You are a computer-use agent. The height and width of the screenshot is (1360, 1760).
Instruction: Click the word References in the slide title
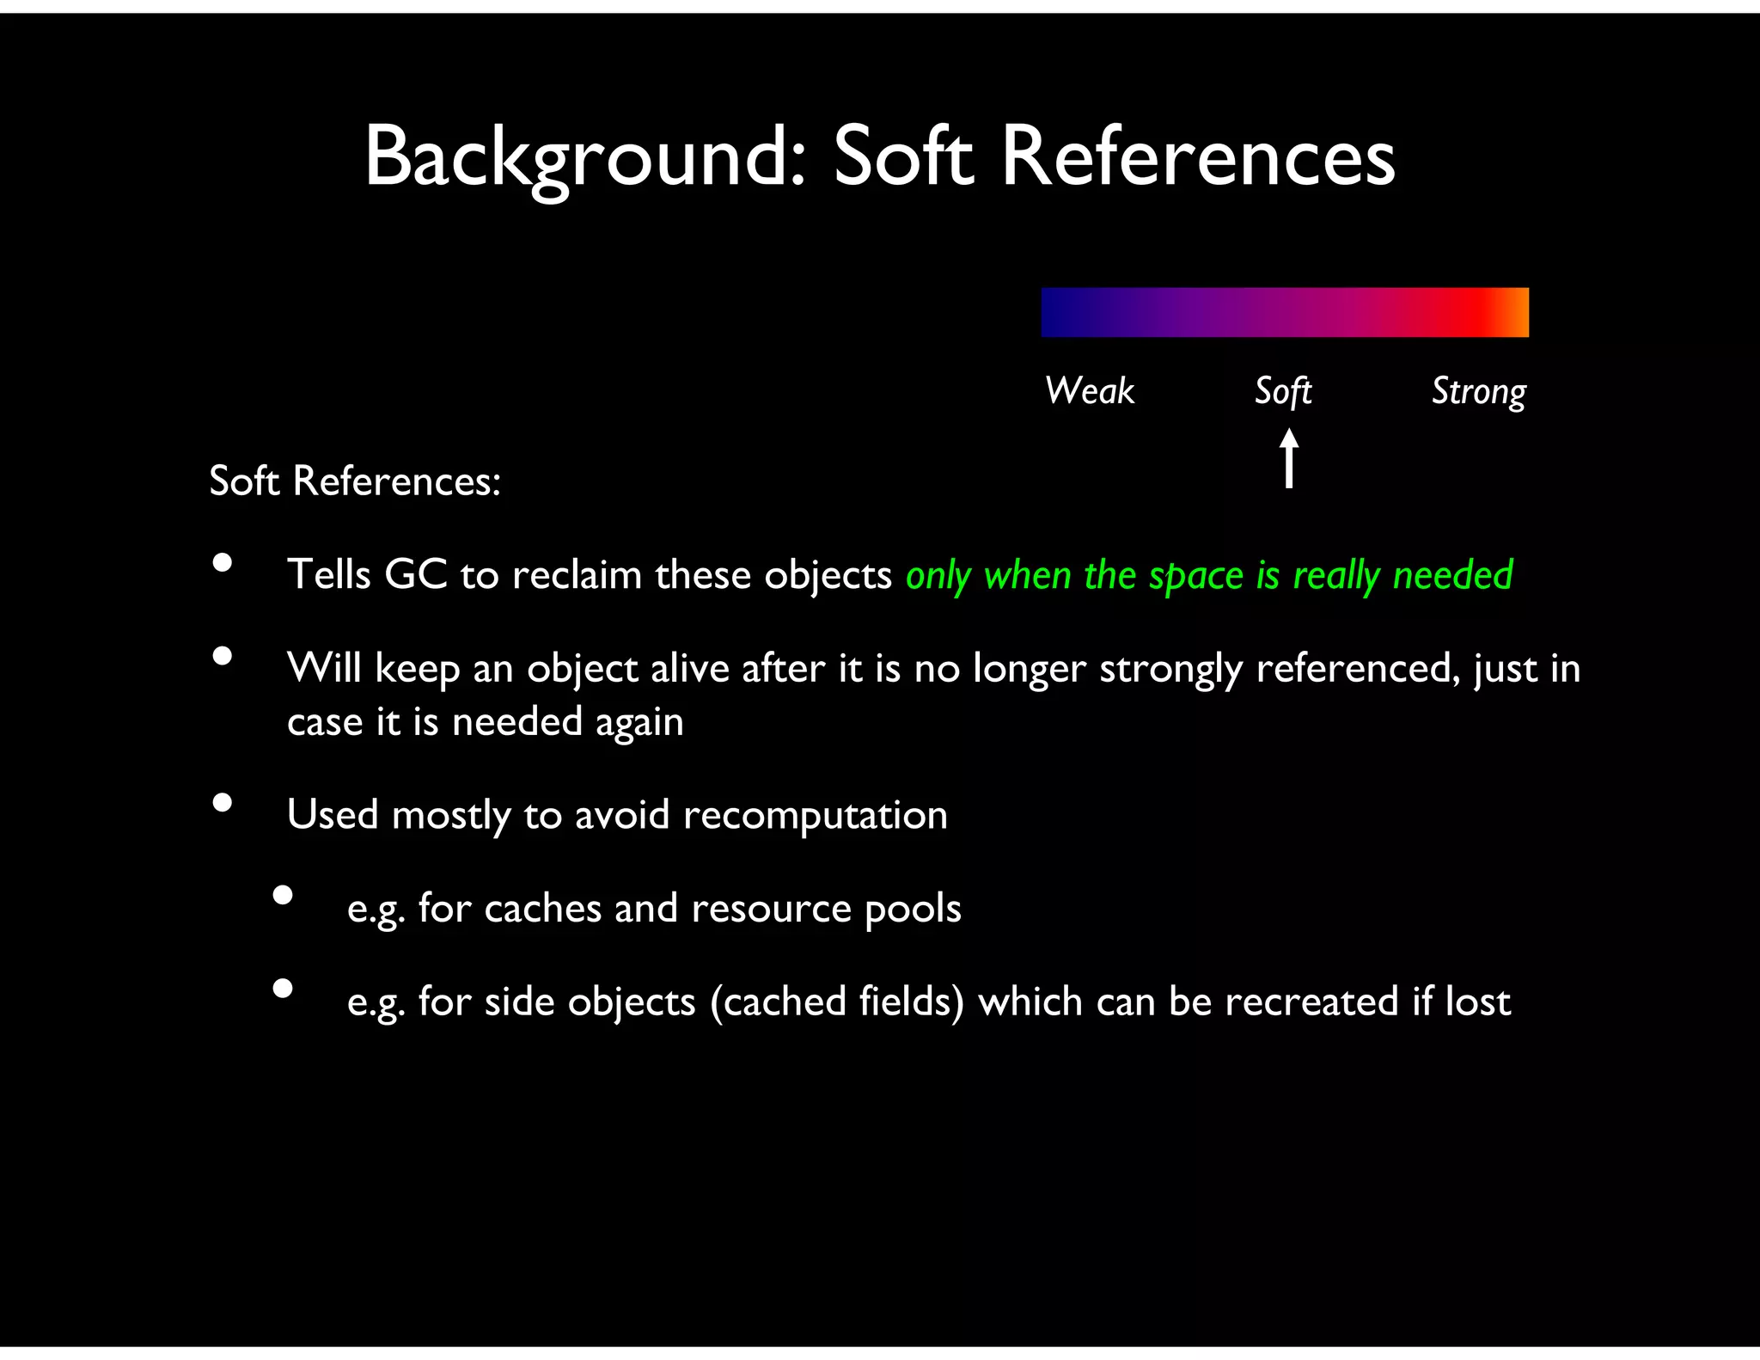pyautogui.click(x=1198, y=157)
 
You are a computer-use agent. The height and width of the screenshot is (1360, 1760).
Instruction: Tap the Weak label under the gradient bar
pyautogui.click(x=1090, y=391)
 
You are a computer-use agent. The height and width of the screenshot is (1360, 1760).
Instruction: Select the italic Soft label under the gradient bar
pyautogui.click(x=1283, y=391)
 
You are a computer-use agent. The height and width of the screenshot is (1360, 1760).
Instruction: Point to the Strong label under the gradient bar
pyautogui.click(x=1478, y=392)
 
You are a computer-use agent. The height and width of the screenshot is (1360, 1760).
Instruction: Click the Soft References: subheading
pyautogui.click(x=355, y=481)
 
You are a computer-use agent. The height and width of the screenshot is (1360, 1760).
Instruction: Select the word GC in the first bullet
pyautogui.click(x=416, y=574)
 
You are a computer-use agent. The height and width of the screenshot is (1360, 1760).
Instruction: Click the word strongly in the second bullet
pyautogui.click(x=1170, y=670)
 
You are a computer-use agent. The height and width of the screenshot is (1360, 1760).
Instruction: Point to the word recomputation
pyautogui.click(x=815, y=815)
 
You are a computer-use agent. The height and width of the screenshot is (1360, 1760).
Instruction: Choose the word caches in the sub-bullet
pyautogui.click(x=542, y=909)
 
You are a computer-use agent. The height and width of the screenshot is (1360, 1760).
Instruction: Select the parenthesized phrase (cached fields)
pyautogui.click(x=837, y=1002)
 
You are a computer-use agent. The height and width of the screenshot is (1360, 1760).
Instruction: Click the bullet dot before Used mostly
pyautogui.click(x=223, y=803)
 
